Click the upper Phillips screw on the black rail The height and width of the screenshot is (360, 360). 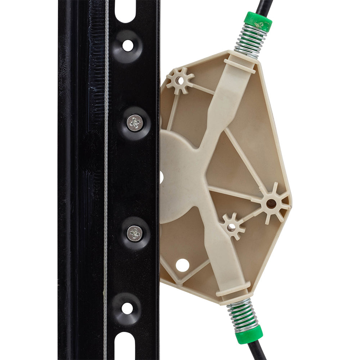coord(135,122)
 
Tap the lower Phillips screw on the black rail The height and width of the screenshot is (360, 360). coord(135,233)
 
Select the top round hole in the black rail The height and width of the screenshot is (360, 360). coord(128,45)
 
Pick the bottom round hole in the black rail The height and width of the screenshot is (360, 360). coord(127,308)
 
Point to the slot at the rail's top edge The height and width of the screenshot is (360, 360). coord(125,11)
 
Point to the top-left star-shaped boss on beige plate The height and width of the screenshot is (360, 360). coord(180,80)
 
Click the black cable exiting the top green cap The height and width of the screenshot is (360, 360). coord(265,6)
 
